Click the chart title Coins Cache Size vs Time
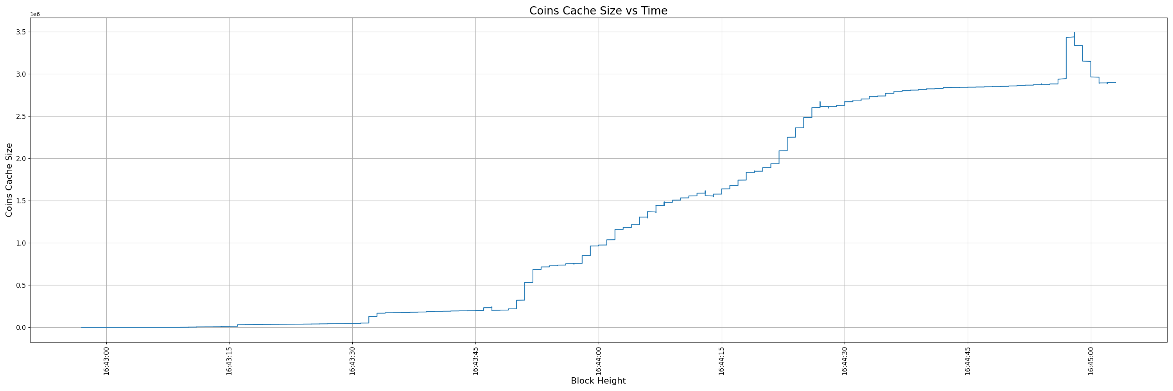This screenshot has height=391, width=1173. coord(598,11)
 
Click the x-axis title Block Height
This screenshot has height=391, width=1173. coord(598,381)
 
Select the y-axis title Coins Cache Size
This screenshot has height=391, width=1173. coord(9,180)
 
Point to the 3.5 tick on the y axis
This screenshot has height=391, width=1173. coord(21,32)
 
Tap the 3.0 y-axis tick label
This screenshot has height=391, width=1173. coord(21,74)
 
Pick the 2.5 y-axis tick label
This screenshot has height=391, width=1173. coord(21,117)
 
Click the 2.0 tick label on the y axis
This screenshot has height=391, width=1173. coord(21,158)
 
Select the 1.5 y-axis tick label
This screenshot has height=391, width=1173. coord(21,201)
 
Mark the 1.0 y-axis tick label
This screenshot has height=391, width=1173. coord(21,243)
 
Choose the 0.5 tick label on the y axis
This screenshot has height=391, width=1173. coord(21,285)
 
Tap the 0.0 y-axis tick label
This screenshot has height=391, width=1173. coord(21,328)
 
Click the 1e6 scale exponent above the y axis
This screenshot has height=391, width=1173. coord(35,14)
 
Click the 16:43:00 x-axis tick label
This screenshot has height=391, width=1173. coord(107,361)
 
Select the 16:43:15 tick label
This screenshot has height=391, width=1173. coord(230,361)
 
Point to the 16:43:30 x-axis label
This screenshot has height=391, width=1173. coord(352,361)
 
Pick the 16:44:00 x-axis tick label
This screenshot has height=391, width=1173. coord(598,361)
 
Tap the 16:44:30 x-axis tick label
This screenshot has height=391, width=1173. coord(845,361)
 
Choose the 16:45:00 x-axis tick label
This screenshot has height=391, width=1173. coord(1090,361)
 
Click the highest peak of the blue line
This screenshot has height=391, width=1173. coord(1074,33)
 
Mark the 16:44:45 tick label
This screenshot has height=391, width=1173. coord(968,361)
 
